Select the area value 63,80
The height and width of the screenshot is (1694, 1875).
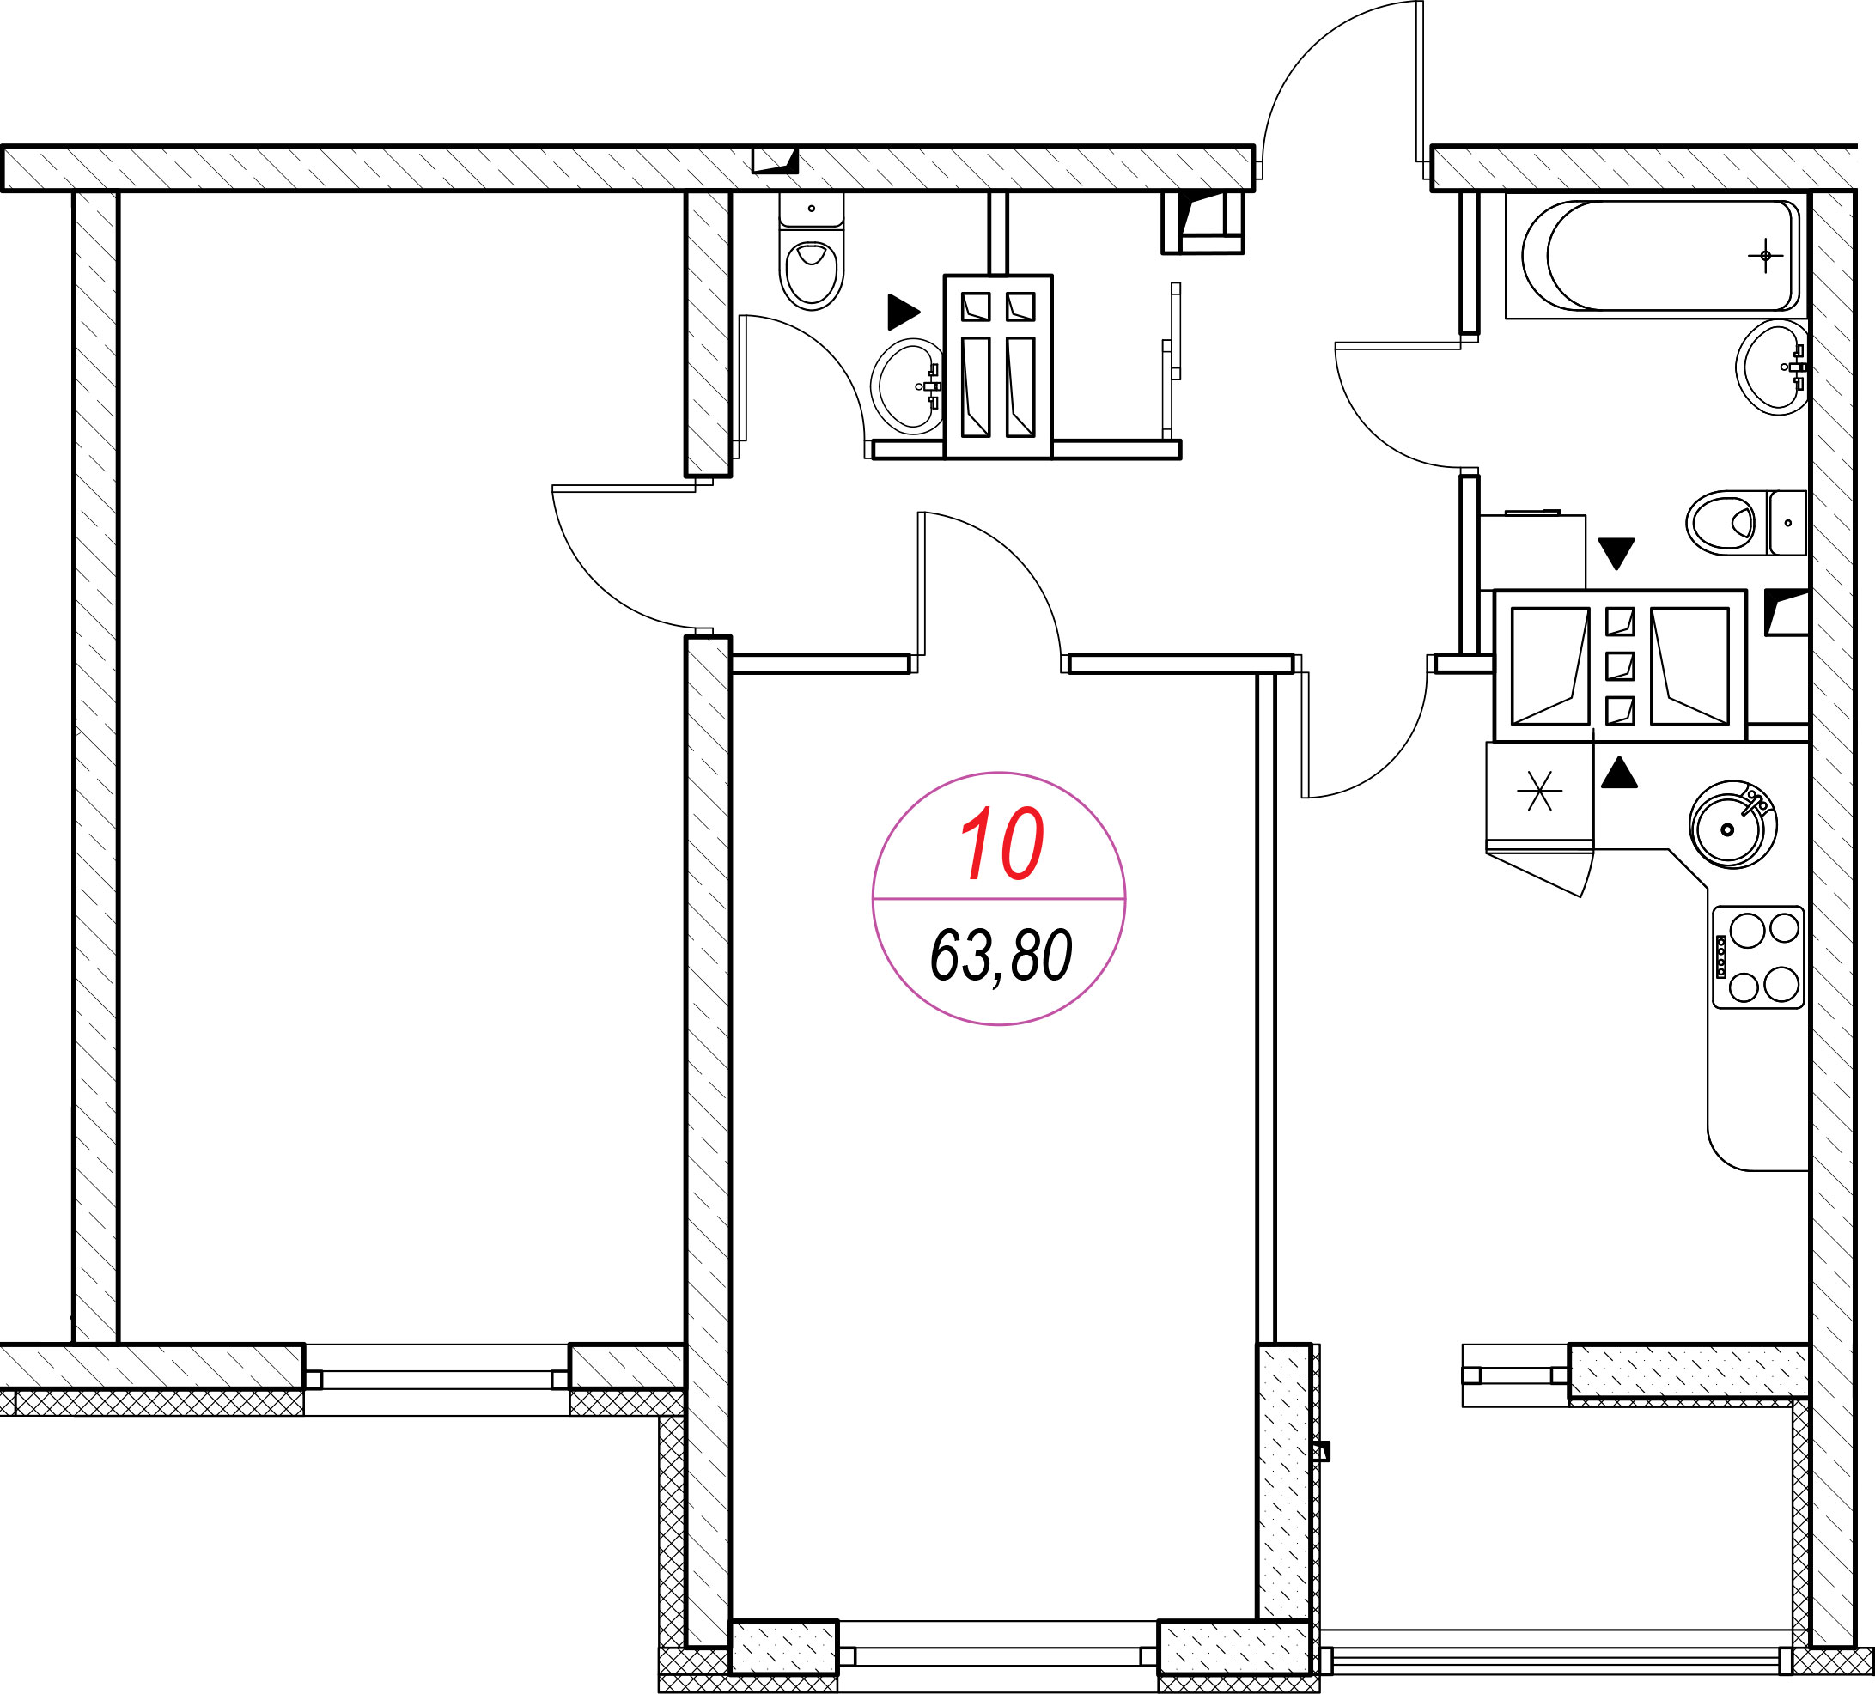point(1001,956)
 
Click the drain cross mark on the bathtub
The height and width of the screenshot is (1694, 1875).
point(1765,255)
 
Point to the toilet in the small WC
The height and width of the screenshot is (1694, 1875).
point(812,252)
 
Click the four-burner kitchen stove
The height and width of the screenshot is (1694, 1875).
point(1758,957)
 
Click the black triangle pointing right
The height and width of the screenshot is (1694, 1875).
point(903,312)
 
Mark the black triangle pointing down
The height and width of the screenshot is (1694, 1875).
point(1616,553)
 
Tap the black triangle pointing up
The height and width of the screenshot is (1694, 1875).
point(1619,773)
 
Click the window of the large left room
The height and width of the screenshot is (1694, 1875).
point(436,1379)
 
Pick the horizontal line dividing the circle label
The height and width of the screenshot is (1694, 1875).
point(999,899)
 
